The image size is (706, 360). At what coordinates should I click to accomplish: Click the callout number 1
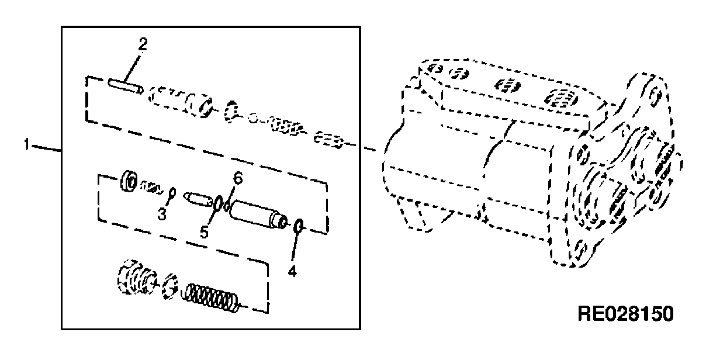(27, 145)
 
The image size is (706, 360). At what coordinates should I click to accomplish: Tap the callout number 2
(143, 44)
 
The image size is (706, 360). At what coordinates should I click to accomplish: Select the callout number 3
(162, 214)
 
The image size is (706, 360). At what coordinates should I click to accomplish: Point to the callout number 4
(292, 271)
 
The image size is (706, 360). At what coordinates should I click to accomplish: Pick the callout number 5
(204, 233)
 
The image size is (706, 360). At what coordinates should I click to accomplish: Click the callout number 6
(238, 178)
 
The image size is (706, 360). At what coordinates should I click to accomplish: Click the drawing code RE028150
(625, 314)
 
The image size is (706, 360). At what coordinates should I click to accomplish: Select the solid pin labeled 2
(126, 86)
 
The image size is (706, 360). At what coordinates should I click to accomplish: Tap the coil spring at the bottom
(210, 298)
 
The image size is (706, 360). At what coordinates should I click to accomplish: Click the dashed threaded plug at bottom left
(136, 278)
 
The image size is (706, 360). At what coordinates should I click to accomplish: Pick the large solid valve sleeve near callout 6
(258, 214)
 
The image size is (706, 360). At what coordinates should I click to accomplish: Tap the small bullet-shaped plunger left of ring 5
(198, 199)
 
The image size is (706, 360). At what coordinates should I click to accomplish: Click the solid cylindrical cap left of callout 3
(129, 181)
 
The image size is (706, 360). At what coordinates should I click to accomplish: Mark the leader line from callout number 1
(46, 148)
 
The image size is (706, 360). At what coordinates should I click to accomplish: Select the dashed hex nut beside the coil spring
(170, 286)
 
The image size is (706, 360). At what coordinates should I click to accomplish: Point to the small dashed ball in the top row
(253, 119)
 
